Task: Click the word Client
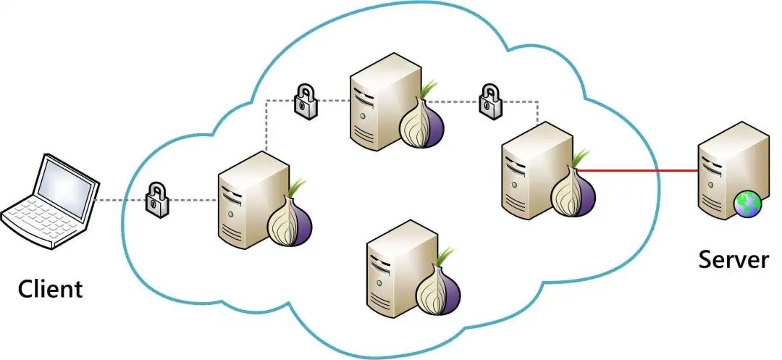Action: click(x=50, y=289)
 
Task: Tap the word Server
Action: click(x=733, y=259)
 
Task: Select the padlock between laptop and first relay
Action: click(x=156, y=198)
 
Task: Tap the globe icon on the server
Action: click(x=747, y=205)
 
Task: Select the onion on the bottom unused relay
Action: click(x=439, y=288)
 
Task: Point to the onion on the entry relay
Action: click(x=290, y=222)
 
